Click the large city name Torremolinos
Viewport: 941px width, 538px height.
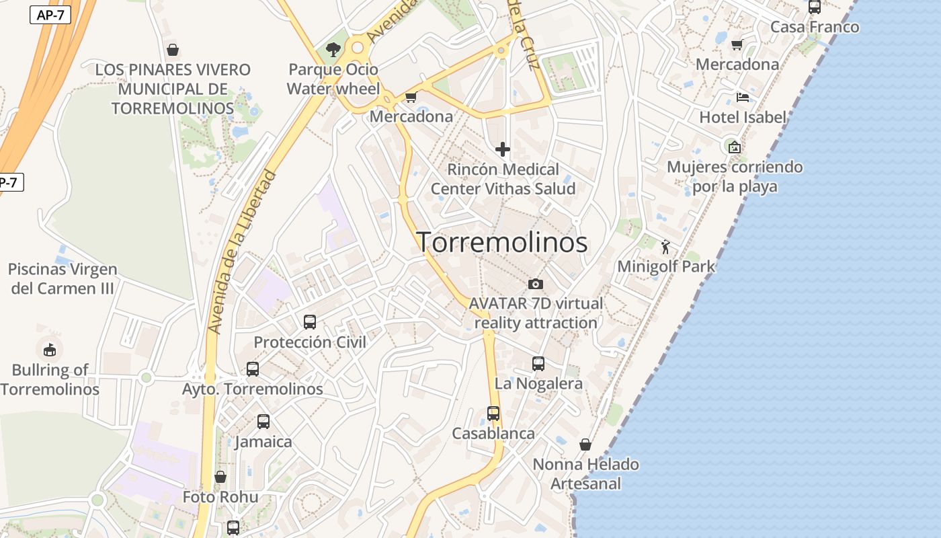coord(502,242)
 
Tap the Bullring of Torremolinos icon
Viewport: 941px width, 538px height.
coord(50,349)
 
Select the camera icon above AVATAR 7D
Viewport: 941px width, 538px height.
coord(536,284)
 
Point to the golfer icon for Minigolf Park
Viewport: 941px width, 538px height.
coord(665,247)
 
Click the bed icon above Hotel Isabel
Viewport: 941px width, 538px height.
coord(742,98)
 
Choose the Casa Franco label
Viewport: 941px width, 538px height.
coord(814,27)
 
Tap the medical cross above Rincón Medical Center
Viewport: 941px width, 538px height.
coord(503,149)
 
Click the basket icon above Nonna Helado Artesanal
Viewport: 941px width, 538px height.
coord(585,445)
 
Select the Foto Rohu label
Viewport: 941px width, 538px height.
coord(220,497)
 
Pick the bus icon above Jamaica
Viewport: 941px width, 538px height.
coord(263,422)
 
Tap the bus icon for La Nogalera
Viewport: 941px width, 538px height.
coord(538,364)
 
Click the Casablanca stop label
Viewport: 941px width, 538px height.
coord(493,434)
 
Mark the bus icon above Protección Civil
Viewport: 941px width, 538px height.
coord(310,322)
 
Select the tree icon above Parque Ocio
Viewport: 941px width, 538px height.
coord(333,49)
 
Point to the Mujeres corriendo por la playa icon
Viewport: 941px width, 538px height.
coord(735,147)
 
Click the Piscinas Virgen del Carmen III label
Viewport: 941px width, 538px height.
coord(62,279)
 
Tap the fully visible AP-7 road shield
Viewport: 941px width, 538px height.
coord(50,15)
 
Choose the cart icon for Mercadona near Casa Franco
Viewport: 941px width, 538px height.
coord(737,44)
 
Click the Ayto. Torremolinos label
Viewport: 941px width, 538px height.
coord(253,389)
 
